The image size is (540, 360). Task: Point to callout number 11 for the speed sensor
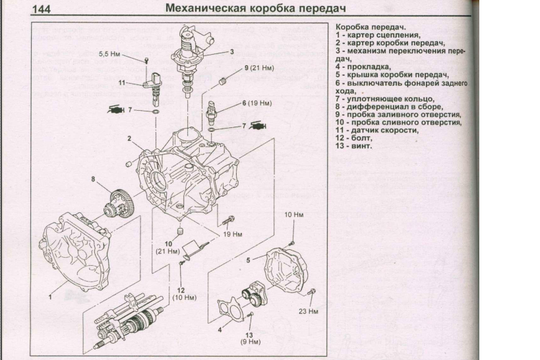pyautogui.click(x=122, y=83)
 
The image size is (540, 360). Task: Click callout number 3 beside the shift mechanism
pyautogui.click(x=231, y=51)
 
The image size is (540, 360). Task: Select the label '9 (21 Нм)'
pyautogui.click(x=258, y=68)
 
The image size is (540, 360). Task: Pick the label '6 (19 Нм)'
pyautogui.click(x=257, y=104)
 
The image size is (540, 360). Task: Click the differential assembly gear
pyautogui.click(x=118, y=201)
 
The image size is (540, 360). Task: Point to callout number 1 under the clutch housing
pyautogui.click(x=49, y=297)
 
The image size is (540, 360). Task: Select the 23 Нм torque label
pyautogui.click(x=308, y=311)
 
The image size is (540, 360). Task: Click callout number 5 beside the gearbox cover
pyautogui.click(x=248, y=260)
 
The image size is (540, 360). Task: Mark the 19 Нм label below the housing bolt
pyautogui.click(x=233, y=234)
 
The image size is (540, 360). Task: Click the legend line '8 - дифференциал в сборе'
pyautogui.click(x=389, y=106)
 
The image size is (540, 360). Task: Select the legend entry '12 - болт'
pyautogui.click(x=354, y=138)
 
